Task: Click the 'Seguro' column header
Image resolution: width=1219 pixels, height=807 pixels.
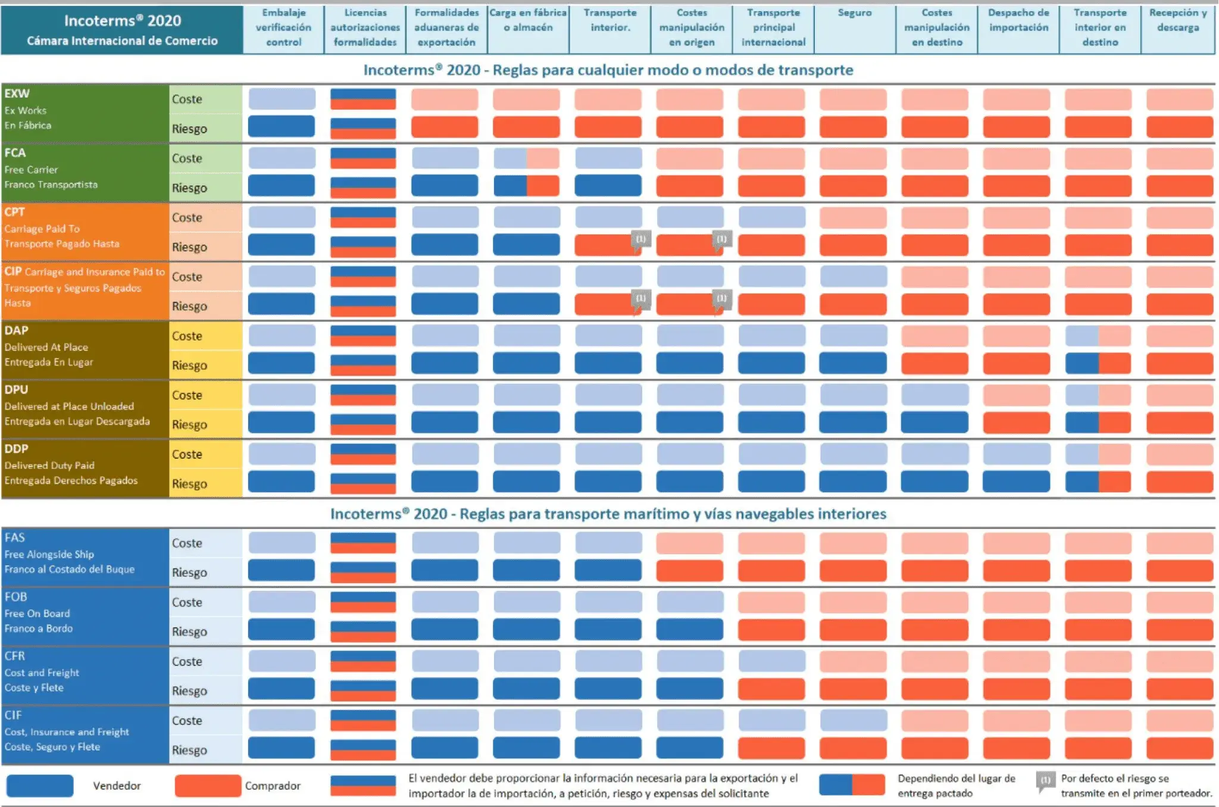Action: tap(854, 12)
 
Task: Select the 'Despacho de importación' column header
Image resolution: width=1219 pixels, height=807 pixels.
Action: tap(1018, 20)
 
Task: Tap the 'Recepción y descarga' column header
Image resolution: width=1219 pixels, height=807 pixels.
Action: tap(1178, 20)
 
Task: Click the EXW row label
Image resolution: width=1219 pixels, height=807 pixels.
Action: tap(17, 93)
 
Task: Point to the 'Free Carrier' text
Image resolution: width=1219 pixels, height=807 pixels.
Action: tap(31, 170)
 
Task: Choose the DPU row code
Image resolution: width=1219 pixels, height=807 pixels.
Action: tap(16, 390)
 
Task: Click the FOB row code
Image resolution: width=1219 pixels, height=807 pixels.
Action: tap(15, 597)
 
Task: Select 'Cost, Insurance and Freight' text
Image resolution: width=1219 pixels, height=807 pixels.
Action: tap(67, 732)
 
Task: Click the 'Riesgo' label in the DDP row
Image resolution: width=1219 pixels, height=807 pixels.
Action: tap(189, 484)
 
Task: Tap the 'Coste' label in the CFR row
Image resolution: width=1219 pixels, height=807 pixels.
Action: tap(187, 661)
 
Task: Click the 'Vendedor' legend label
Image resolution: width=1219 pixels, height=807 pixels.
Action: tap(117, 786)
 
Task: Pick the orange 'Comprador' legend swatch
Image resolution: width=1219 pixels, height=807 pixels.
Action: tap(208, 786)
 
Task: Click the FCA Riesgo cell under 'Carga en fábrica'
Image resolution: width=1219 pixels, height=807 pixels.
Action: tap(526, 186)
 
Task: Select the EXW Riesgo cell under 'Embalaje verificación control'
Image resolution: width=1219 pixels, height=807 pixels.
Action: tap(281, 126)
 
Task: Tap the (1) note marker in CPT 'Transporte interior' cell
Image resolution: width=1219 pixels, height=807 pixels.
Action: tap(640, 239)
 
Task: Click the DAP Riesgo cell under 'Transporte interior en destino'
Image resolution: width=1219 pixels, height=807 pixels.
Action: tap(1098, 364)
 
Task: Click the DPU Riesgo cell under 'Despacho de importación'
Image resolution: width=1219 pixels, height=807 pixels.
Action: tap(1016, 423)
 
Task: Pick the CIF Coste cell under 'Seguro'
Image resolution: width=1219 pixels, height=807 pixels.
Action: tap(854, 721)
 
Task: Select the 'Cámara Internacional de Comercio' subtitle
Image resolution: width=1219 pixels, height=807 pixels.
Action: tap(122, 41)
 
